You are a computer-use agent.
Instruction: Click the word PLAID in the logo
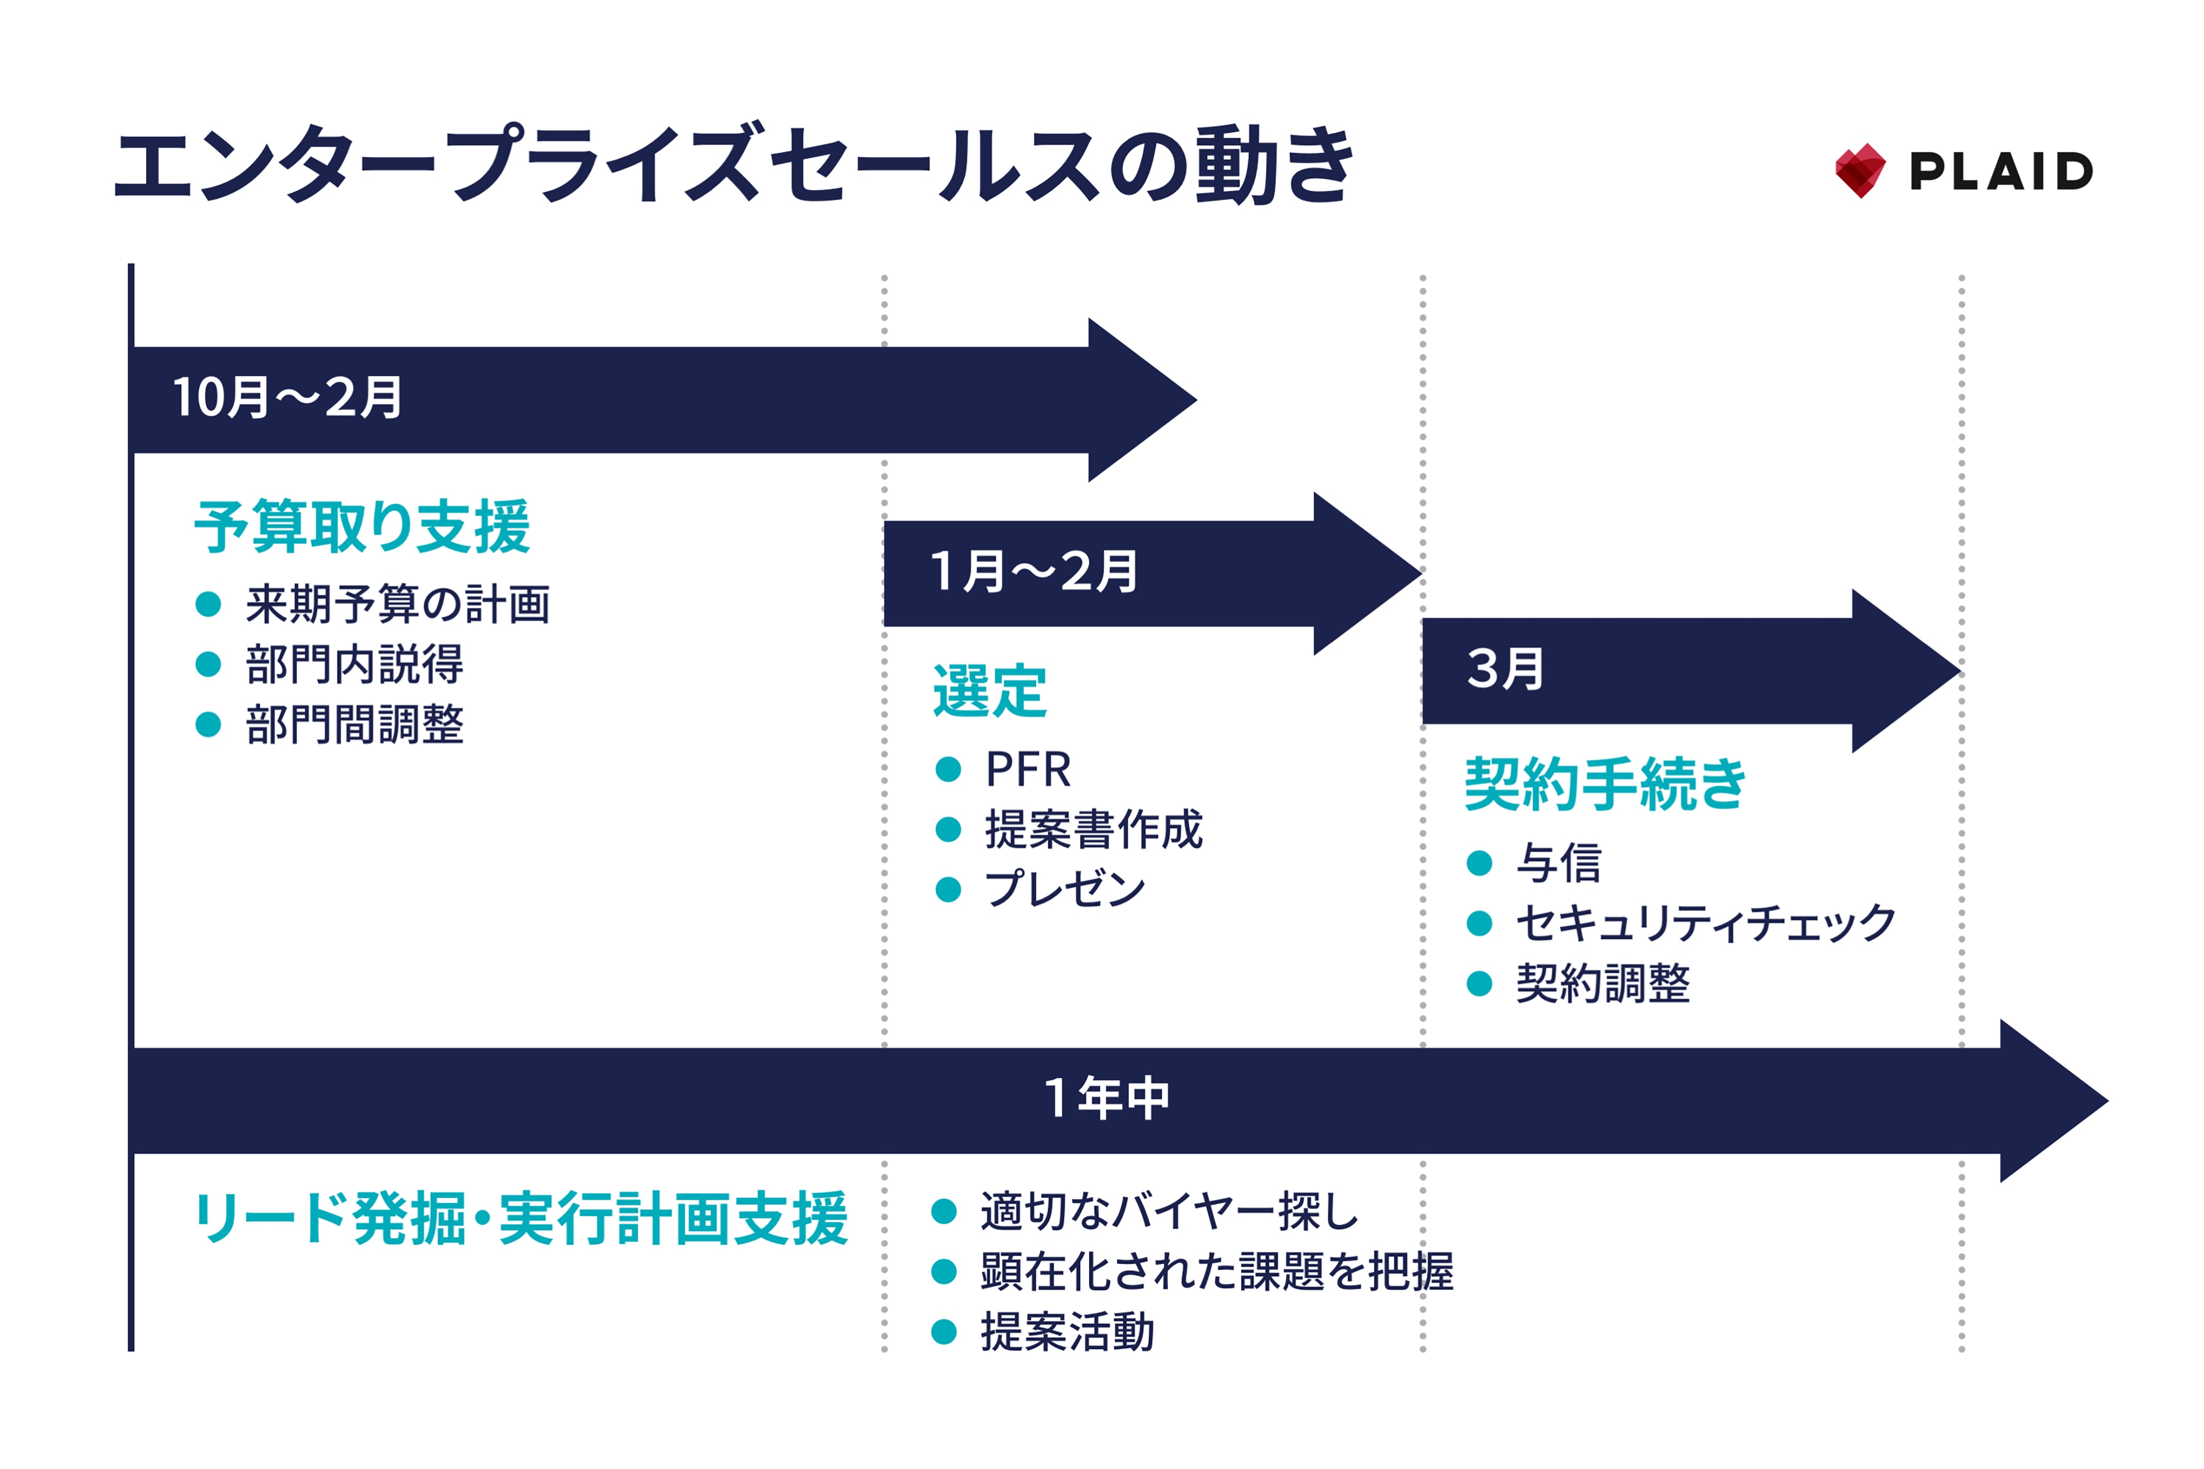[2001, 171]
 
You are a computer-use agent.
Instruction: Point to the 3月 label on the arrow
[1504, 669]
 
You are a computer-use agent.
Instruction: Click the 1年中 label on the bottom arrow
[1106, 1098]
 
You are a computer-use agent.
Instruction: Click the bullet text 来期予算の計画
[397, 604]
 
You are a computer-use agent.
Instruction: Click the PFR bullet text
[1028, 770]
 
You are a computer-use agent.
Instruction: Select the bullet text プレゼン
[1064, 889]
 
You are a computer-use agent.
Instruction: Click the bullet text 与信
[1559, 863]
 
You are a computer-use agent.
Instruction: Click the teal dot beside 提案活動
[944, 1332]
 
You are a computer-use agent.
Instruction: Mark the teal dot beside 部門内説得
[208, 664]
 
